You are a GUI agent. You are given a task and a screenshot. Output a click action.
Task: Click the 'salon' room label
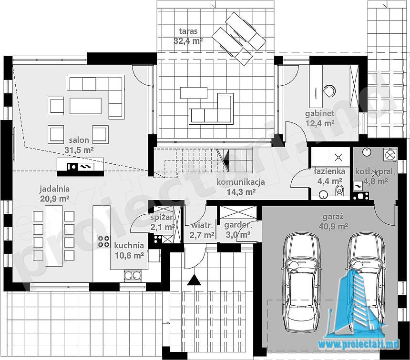(x=79, y=140)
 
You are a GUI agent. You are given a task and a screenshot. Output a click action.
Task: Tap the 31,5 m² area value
(x=79, y=150)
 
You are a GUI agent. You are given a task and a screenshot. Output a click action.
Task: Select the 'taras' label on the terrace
(x=188, y=31)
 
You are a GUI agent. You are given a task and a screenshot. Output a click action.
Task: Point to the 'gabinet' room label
(x=320, y=114)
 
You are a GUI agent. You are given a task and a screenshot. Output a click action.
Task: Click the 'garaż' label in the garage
(x=333, y=216)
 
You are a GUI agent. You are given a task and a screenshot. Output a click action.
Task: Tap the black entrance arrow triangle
(x=194, y=280)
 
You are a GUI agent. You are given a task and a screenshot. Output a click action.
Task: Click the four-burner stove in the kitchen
(x=103, y=241)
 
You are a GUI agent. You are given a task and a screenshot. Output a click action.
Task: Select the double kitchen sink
(x=133, y=276)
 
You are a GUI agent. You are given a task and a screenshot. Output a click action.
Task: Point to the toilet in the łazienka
(x=339, y=190)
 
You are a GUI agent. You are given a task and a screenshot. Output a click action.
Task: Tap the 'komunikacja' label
(x=241, y=182)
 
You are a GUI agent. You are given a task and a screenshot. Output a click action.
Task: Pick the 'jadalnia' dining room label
(x=54, y=189)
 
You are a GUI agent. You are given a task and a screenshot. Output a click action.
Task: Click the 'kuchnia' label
(x=129, y=245)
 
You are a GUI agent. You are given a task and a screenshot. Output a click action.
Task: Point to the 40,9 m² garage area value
(x=333, y=226)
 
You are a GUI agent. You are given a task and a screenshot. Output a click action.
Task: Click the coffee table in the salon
(x=85, y=106)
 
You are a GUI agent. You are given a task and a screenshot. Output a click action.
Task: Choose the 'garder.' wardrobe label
(x=238, y=225)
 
